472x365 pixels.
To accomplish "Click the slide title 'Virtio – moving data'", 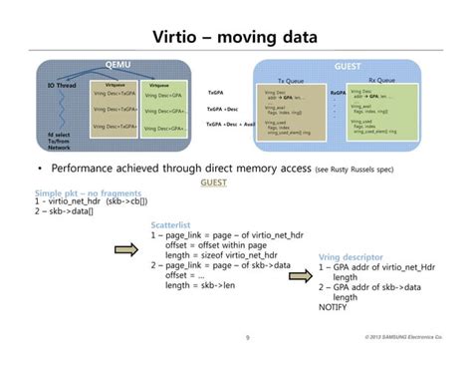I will pos(235,38).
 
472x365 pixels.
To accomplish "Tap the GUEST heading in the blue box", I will pos(348,66).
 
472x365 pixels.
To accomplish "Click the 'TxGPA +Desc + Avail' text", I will pos(228,124).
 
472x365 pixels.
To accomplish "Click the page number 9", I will pos(246,338).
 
